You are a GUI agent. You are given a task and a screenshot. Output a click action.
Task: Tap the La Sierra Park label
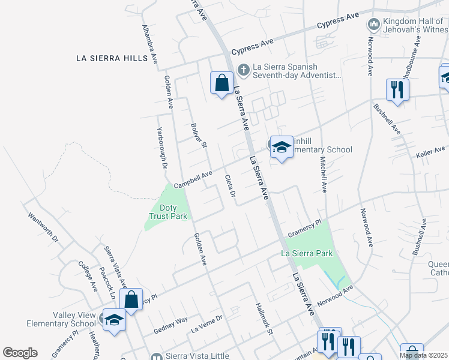coord(307,254)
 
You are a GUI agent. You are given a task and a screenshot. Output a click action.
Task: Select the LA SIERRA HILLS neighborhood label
coord(112,58)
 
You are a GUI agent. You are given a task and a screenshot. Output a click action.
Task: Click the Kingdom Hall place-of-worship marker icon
coord(373,25)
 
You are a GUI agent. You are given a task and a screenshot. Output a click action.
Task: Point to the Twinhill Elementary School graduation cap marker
coord(281,147)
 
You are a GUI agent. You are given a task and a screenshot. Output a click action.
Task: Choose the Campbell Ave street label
coord(193,179)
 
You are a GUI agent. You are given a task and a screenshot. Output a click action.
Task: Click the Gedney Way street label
coord(170,325)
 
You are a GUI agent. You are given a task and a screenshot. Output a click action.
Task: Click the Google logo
coord(20,353)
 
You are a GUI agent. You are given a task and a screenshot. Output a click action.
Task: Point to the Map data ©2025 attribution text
coord(424,355)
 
